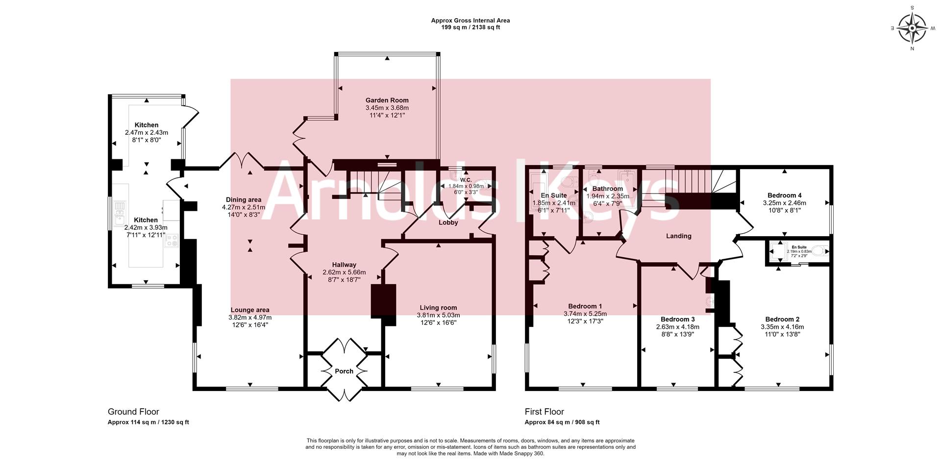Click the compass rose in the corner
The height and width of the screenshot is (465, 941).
(x=912, y=28)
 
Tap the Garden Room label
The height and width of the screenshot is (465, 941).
(x=387, y=100)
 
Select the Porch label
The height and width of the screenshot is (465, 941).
(x=344, y=371)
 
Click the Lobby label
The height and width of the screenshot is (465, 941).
(x=448, y=222)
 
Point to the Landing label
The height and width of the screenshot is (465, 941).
(x=678, y=236)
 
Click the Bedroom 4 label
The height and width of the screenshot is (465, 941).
(x=784, y=195)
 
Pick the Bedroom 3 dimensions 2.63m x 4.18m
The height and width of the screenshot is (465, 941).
(x=677, y=327)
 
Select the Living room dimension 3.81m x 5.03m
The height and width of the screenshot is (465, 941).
(x=438, y=315)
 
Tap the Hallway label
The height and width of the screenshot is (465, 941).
(x=344, y=265)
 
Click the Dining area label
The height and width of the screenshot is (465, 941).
(x=244, y=199)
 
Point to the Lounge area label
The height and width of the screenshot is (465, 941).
(x=250, y=310)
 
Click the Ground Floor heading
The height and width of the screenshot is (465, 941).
(x=133, y=412)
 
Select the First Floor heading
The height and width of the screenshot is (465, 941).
(x=544, y=412)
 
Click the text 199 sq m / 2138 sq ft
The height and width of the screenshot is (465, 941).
(x=470, y=27)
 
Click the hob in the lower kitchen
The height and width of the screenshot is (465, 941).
(x=172, y=241)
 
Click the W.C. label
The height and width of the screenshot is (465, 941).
(x=466, y=180)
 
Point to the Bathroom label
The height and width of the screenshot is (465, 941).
(x=607, y=189)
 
